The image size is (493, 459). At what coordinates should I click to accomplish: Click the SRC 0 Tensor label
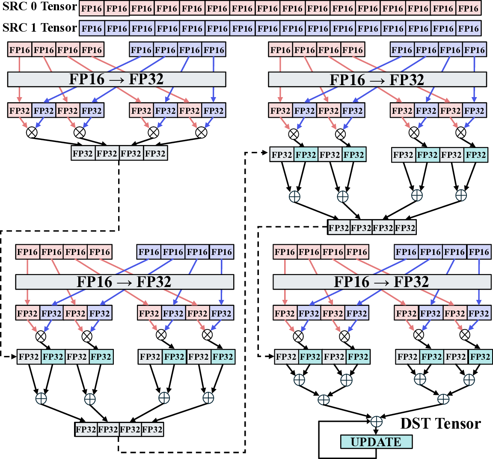pos(39,7)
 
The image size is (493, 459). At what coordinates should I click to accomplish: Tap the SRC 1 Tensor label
pos(39,28)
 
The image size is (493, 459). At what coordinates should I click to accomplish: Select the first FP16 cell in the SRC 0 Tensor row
pos(92,9)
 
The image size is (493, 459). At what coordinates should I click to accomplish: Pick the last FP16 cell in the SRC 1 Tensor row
pos(469,29)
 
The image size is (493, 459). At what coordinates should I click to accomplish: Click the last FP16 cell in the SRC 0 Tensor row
pos(469,9)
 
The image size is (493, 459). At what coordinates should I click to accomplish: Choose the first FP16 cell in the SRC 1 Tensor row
pos(92,29)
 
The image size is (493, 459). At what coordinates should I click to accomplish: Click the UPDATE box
pos(376,442)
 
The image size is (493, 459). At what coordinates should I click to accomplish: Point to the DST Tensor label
pos(440,423)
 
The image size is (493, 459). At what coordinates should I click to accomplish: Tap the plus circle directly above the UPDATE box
pos(376,421)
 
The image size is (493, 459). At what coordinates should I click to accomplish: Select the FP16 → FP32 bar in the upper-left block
pos(116,79)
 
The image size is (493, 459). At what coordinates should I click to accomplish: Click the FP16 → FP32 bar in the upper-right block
pos(377,80)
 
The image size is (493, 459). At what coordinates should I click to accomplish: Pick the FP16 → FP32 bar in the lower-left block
pos(124,282)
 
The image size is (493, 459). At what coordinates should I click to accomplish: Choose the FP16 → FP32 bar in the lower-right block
pos(382,282)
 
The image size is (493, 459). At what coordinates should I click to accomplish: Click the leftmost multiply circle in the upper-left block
pos(32,132)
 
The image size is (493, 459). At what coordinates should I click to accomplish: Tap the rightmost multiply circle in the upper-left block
pos(201,132)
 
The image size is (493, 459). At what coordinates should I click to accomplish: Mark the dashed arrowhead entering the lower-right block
pos(270,356)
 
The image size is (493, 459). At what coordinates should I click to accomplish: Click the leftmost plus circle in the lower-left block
pos(41,399)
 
